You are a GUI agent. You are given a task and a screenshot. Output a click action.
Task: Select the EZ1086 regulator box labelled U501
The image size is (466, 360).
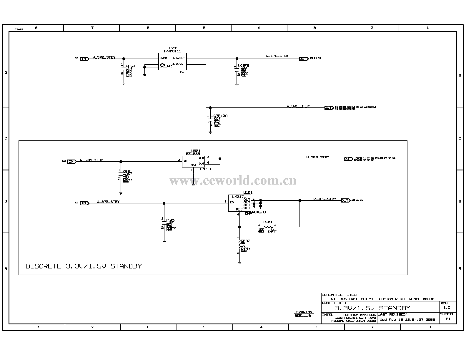pos(193,162)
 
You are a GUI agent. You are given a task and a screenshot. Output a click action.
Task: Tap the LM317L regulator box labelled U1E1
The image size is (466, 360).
pos(240,203)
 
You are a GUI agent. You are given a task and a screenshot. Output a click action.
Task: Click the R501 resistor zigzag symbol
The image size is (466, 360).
pos(268,227)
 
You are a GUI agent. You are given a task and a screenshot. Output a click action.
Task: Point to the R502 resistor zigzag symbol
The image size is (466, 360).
pos(239,245)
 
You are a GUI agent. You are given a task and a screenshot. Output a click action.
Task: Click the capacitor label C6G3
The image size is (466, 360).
pos(130,66)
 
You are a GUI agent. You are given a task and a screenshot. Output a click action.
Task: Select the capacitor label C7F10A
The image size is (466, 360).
pos(220,116)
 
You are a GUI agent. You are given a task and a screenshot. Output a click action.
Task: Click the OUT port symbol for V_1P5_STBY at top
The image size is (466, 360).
pos(303,59)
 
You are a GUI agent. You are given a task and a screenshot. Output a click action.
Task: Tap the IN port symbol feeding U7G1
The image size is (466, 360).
pos(84,59)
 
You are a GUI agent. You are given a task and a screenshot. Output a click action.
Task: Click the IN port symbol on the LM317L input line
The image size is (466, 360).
pos(84,203)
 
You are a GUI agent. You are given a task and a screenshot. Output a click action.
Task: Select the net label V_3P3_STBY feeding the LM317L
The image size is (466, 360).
pos(108,202)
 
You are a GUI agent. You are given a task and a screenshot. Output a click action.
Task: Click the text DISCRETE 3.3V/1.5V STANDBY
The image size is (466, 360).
pos(84,266)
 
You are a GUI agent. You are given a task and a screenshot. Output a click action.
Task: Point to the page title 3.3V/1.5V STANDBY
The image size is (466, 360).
pos(372,308)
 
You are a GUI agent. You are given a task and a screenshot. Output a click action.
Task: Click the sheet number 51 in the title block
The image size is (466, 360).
pos(448,319)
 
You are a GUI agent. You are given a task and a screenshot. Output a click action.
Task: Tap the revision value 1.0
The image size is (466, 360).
pos(447,308)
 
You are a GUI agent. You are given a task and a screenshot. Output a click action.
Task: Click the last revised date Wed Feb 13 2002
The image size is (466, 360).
pos(407,319)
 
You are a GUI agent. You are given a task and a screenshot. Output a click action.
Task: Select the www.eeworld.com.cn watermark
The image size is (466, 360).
pos(233,180)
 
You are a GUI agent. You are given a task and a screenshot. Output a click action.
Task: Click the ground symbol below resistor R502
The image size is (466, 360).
pos(239,263)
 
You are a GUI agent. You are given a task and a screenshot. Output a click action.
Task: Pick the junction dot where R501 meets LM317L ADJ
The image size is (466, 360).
pos(239,227)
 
